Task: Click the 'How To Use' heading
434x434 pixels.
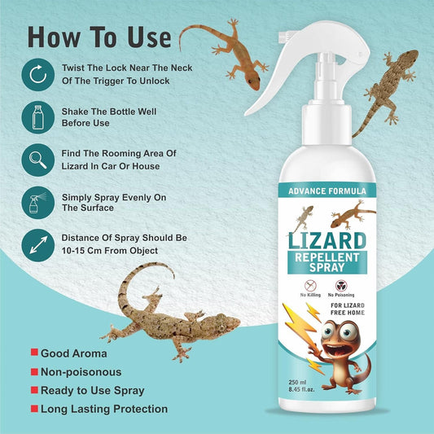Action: click(100, 37)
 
